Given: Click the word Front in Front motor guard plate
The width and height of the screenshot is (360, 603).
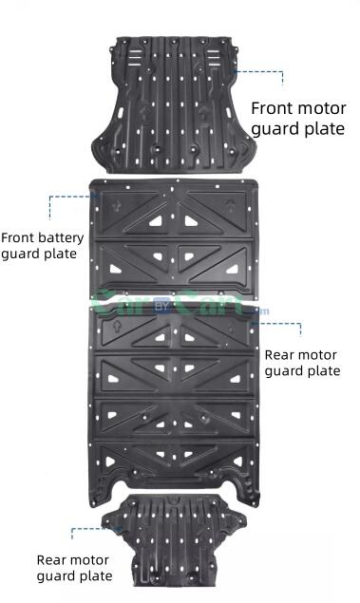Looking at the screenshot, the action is (x=273, y=107).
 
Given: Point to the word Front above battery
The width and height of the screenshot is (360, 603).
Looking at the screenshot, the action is (x=19, y=236).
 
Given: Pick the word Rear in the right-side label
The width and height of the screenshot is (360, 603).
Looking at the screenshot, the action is (x=282, y=354).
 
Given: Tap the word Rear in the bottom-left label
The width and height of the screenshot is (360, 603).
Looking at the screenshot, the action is (x=52, y=559).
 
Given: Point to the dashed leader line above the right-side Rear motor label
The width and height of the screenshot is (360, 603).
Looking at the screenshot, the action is (x=280, y=324).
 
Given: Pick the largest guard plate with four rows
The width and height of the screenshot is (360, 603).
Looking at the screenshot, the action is (x=175, y=399).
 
